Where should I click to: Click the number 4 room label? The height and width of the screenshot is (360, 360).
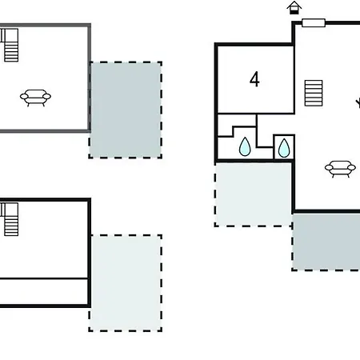(x=254, y=79)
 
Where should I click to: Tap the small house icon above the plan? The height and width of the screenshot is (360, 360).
(x=294, y=8)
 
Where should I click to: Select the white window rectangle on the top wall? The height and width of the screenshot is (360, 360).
(x=314, y=23)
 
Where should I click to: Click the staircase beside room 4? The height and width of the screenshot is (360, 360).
(x=314, y=93)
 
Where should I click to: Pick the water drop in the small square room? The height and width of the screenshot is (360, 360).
(x=284, y=148)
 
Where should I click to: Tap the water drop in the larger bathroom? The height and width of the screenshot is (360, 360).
(x=245, y=146)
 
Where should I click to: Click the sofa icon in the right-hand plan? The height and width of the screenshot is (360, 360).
(x=340, y=169)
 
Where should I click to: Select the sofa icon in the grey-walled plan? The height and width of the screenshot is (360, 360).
(x=35, y=98)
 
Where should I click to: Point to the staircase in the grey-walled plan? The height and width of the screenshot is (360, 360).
(x=10, y=45)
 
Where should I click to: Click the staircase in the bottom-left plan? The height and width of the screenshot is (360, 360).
(x=10, y=219)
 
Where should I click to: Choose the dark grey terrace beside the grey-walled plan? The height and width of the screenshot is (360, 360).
(x=126, y=110)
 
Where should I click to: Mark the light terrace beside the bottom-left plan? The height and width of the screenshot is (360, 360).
(x=126, y=283)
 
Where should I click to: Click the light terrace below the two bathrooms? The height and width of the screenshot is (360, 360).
(x=254, y=194)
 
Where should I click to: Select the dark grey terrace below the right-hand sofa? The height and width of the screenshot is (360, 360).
(x=326, y=242)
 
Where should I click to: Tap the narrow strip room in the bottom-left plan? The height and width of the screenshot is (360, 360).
(x=44, y=291)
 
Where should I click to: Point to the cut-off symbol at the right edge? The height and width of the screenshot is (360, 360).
(x=358, y=103)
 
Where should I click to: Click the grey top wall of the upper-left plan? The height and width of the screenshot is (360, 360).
(x=46, y=26)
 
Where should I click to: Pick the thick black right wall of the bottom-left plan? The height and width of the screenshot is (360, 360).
(x=90, y=253)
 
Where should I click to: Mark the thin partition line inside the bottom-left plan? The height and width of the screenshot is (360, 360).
(x=44, y=278)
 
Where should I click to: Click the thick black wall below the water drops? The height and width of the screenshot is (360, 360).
(x=254, y=161)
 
